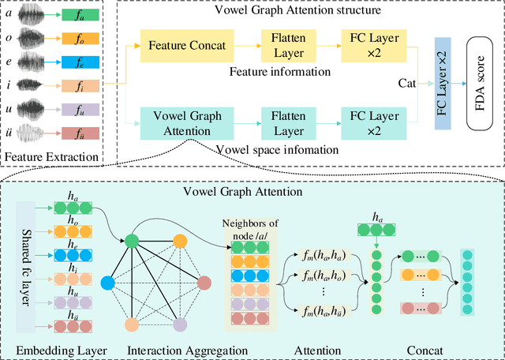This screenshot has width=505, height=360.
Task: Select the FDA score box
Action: (x=481, y=81)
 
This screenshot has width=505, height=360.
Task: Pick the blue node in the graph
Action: (x=108, y=282)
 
